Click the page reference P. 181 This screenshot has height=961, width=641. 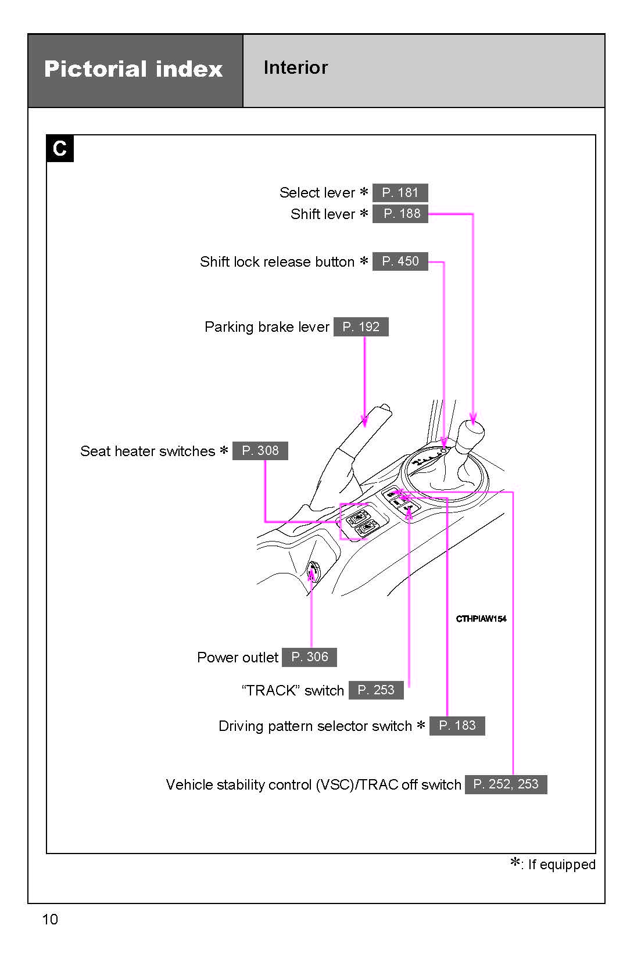pyautogui.click(x=400, y=193)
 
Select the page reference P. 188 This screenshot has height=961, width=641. pyautogui.click(x=400, y=214)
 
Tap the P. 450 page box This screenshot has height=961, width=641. pyautogui.click(x=400, y=261)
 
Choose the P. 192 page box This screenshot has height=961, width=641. pyautogui.click(x=361, y=327)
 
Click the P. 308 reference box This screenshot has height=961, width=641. pyautogui.click(x=260, y=451)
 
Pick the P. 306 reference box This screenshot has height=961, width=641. pyautogui.click(x=309, y=657)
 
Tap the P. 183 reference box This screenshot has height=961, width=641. pyautogui.click(x=457, y=726)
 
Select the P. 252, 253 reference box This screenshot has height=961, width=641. pyautogui.click(x=506, y=784)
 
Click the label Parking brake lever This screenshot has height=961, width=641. pyautogui.click(x=267, y=327)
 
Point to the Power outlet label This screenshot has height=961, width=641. pyautogui.click(x=238, y=658)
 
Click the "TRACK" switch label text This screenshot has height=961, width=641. pyautogui.click(x=293, y=691)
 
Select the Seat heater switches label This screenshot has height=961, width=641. pyautogui.click(x=148, y=451)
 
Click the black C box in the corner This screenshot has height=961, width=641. pyautogui.click(x=60, y=149)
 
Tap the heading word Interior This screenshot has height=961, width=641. pyautogui.click(x=296, y=68)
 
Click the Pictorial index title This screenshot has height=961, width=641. pyautogui.click(x=134, y=70)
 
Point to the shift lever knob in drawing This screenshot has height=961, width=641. pyautogui.click(x=471, y=433)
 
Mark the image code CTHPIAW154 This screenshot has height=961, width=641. pyautogui.click(x=481, y=619)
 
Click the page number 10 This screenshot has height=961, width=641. pyautogui.click(x=50, y=919)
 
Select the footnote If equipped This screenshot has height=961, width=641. pyautogui.click(x=560, y=865)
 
